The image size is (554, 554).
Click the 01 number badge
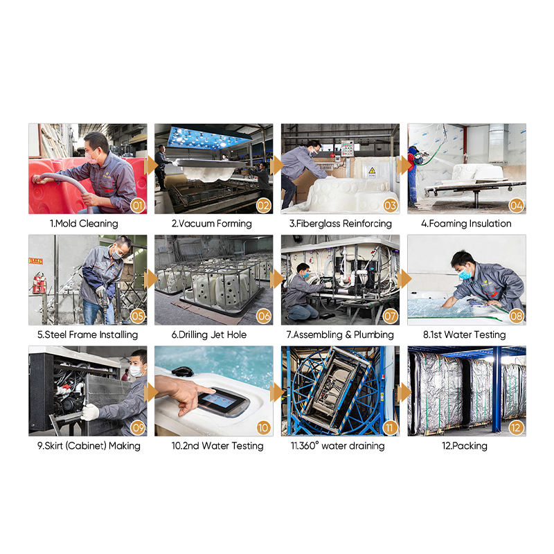pyautogui.click(x=138, y=205)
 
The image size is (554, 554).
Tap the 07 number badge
pyautogui.click(x=390, y=316)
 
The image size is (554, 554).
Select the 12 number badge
pyautogui.click(x=516, y=427)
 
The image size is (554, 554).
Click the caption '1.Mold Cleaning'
pyautogui.click(x=84, y=224)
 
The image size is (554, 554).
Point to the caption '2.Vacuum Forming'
pyautogui.click(x=212, y=224)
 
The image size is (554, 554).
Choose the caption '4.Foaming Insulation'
pyautogui.click(x=466, y=224)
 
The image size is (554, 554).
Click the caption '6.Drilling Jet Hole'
pyautogui.click(x=209, y=334)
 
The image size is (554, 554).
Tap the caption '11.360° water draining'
pyautogui.click(x=338, y=446)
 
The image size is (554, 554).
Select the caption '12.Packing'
pyautogui.click(x=465, y=446)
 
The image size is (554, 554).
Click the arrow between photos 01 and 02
pyautogui.click(x=151, y=166)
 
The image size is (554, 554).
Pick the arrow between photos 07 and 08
pyautogui.click(x=404, y=279)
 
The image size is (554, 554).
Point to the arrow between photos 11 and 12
pyautogui.click(x=404, y=393)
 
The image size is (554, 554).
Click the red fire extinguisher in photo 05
pyautogui.click(x=39, y=283)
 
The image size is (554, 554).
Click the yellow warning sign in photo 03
pyautogui.click(x=372, y=172)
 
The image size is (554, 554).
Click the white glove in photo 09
pyautogui.click(x=90, y=412)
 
